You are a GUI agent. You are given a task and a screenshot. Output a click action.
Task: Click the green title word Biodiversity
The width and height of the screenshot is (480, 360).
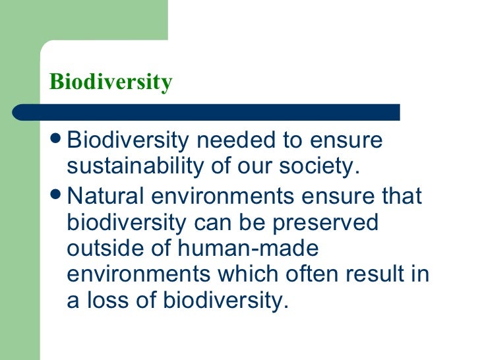click(111, 82)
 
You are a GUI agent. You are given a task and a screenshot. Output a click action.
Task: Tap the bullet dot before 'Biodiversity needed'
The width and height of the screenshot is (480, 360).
click(57, 140)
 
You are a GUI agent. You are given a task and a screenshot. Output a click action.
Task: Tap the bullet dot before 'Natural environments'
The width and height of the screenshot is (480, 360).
click(57, 197)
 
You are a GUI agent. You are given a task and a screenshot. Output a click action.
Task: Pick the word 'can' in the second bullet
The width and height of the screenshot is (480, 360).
click(210, 224)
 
